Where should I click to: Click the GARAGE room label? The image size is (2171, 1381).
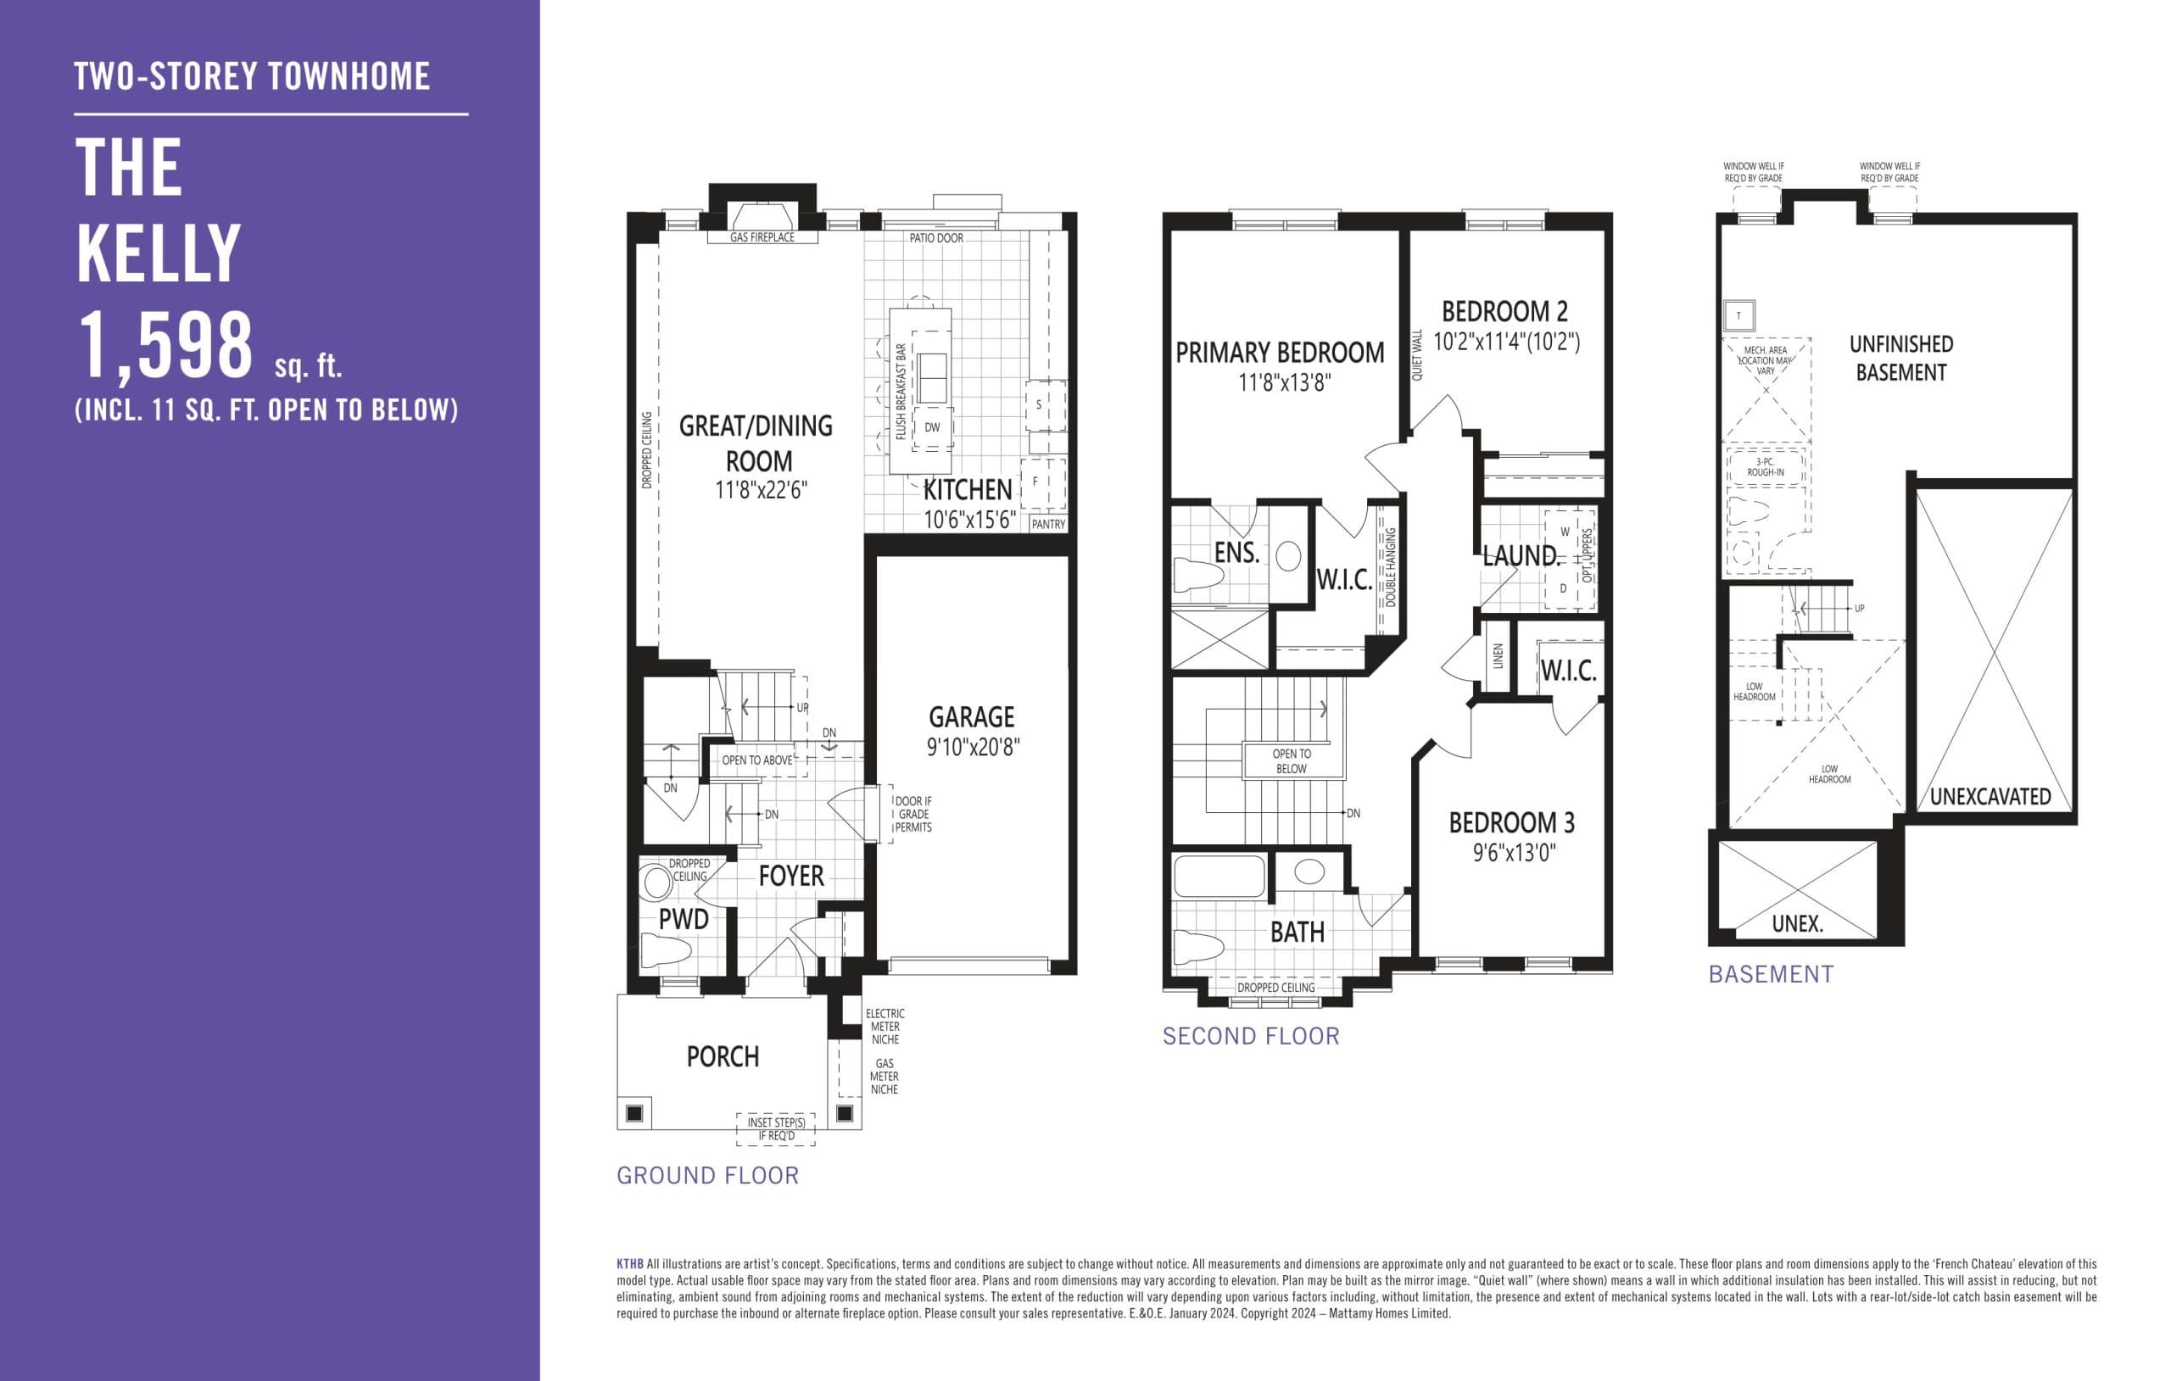click(x=971, y=716)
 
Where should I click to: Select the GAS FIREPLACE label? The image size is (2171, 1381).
click(x=762, y=237)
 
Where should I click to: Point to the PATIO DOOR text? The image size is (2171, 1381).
click(x=936, y=238)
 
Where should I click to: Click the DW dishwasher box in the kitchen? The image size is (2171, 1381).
click(x=932, y=427)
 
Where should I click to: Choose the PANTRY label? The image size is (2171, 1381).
click(x=1047, y=524)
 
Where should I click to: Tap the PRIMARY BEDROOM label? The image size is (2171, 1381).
click(x=1279, y=353)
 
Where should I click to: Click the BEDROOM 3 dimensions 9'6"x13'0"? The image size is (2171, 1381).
click(x=1514, y=853)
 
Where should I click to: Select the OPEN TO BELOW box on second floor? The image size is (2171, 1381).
click(x=1291, y=760)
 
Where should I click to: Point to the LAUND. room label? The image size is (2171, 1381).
click(x=1520, y=556)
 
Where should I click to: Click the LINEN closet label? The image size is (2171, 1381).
click(x=1498, y=655)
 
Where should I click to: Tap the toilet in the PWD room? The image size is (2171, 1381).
click(x=666, y=949)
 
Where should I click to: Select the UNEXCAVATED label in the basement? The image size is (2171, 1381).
click(x=1990, y=797)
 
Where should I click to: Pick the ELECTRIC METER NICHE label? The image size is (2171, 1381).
click(x=885, y=1026)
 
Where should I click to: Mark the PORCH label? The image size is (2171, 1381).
click(x=723, y=1056)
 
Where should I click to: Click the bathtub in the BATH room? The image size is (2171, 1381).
click(x=1219, y=874)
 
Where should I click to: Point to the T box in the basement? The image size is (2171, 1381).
click(x=1738, y=315)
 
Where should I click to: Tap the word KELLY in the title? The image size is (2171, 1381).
click(x=159, y=254)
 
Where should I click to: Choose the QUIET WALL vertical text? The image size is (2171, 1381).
click(x=1416, y=354)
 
